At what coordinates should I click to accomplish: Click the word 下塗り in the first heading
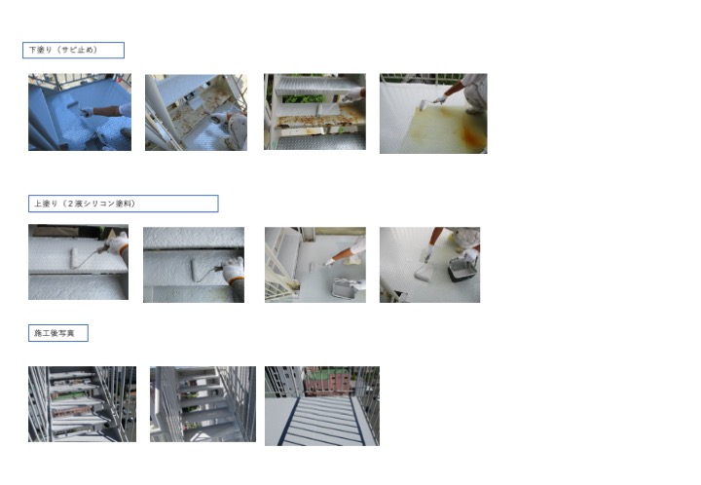pyautogui.click(x=41, y=50)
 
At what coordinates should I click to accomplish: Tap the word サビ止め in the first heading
pyautogui.click(x=77, y=50)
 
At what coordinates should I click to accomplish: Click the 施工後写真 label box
pyautogui.click(x=58, y=333)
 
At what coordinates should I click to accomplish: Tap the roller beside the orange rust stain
pyautogui.click(x=423, y=105)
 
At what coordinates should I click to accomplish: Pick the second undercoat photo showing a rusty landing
pyautogui.click(x=196, y=112)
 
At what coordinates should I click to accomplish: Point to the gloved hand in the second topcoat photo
pyautogui.click(x=234, y=271)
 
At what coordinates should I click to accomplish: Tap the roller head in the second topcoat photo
pyautogui.click(x=198, y=271)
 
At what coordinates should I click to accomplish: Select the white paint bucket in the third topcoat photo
pyautogui.click(x=345, y=288)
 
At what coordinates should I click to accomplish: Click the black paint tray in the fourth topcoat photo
pyautogui.click(x=462, y=269)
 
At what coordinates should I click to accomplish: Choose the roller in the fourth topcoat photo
pyautogui.click(x=423, y=271)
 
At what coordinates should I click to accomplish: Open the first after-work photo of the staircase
pyautogui.click(x=82, y=404)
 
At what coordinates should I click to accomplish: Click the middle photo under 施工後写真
pyautogui.click(x=203, y=404)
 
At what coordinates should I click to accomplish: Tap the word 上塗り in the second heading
pyautogui.click(x=46, y=204)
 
